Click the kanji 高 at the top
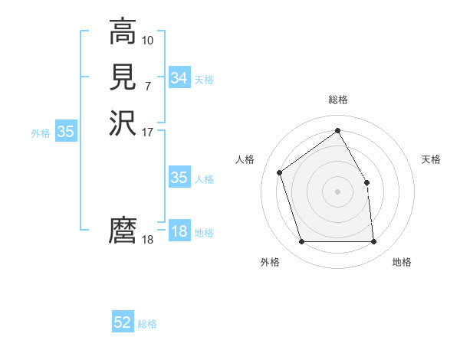coord(123,33)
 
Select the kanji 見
coord(123,77)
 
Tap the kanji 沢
coord(123,122)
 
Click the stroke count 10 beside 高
coord(148,39)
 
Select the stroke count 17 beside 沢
coord(148,132)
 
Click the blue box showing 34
coord(179,78)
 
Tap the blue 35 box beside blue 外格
coord(66,132)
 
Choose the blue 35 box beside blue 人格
coord(179,178)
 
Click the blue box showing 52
coord(123,322)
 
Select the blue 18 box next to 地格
coord(179,231)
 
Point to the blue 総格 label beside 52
coord(147,324)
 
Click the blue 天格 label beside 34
coord(204,80)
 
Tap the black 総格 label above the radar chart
coord(337,100)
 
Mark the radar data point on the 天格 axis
coord(366,182)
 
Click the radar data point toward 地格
coord(373,242)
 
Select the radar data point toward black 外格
coord(301,242)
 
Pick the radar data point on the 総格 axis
coord(337,130)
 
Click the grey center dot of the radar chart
coord(337,191)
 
